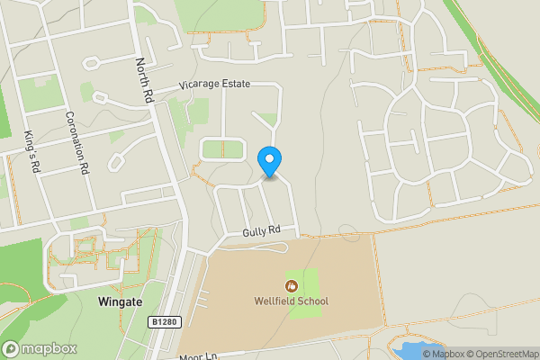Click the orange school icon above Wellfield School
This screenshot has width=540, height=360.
[x=290, y=285]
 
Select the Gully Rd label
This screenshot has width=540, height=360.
[x=262, y=231]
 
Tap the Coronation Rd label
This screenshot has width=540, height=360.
[x=79, y=141]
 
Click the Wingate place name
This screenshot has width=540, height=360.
[x=118, y=302]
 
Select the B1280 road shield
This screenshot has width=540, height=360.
[x=163, y=321]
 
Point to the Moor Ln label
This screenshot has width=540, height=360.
[x=193, y=355]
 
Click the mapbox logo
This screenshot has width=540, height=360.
[x=39, y=348]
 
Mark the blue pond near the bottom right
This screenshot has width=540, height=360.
[x=416, y=349]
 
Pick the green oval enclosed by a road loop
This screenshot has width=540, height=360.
[x=221, y=149]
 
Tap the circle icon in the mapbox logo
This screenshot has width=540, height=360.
[x=12, y=348]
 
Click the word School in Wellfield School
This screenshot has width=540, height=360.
[x=311, y=301]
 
